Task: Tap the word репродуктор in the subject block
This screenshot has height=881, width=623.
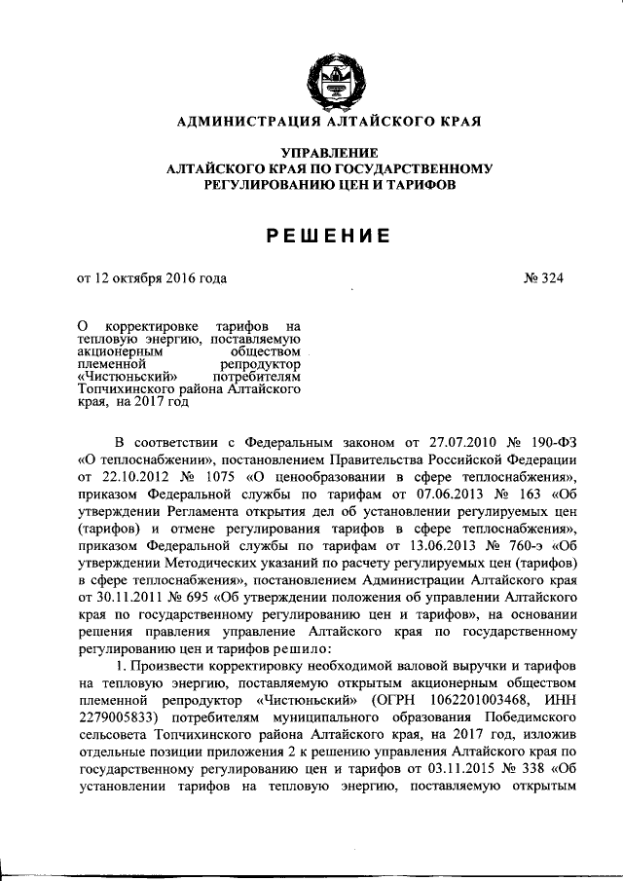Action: pyautogui.click(x=262, y=362)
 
